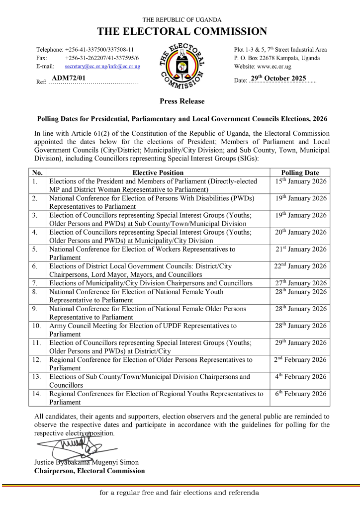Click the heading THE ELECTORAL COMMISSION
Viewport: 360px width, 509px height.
182,32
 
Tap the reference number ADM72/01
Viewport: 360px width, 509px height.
69,78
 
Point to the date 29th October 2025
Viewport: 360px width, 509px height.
282,78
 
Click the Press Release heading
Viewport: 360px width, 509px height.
182,101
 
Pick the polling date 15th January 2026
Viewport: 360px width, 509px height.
301,181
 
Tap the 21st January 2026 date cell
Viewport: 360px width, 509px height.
301,249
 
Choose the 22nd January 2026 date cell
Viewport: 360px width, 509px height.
301,266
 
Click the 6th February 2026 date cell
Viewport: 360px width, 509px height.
301,394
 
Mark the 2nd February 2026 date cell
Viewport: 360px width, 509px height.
301,359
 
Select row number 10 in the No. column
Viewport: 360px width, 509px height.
36,326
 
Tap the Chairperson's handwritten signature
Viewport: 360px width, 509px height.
72,441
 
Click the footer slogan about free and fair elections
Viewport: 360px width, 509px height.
180,493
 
